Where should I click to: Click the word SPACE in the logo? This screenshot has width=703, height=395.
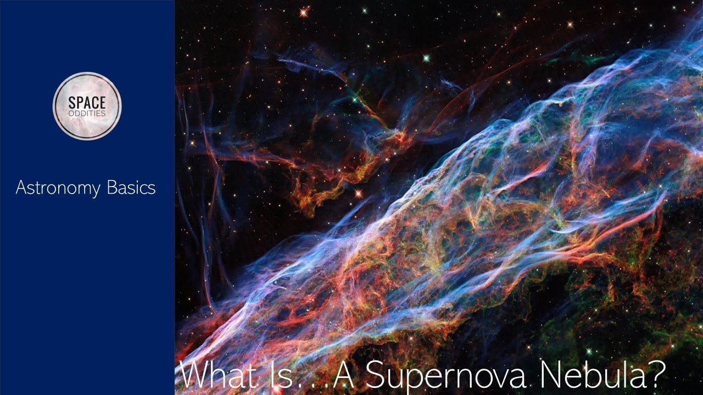pos(87,103)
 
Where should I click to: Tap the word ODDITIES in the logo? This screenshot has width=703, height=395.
pos(87,113)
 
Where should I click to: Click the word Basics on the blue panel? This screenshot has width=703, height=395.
pos(131,188)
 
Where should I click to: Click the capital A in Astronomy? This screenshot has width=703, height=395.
pos(21,188)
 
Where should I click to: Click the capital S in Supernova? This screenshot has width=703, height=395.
pos(376,375)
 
